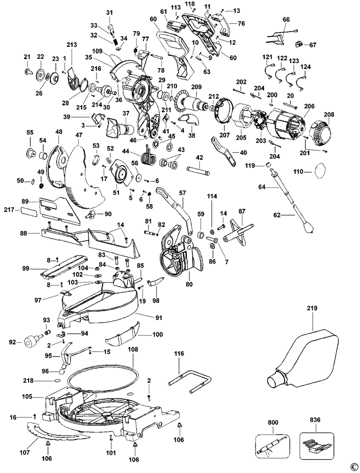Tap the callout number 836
315,420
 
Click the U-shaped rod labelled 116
190,383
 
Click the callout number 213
72,45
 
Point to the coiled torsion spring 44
148,155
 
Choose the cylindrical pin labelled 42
197,170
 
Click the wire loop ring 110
321,172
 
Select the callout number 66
286,20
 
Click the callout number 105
27,397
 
